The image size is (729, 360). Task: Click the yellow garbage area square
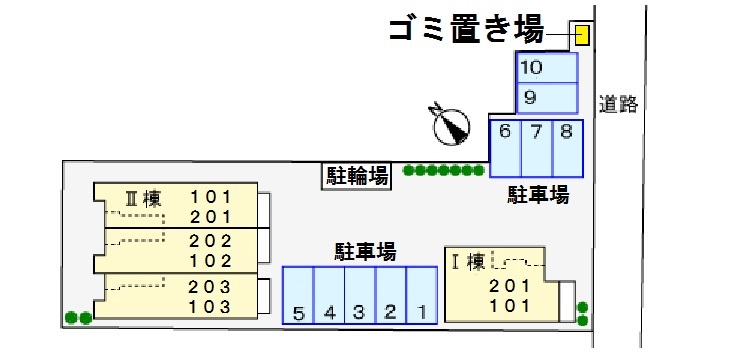[x=581, y=36]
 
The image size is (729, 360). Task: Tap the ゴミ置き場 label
[x=465, y=31]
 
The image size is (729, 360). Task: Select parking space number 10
[x=546, y=68]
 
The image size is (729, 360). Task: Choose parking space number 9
[x=546, y=98]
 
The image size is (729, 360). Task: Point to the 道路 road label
[x=618, y=103]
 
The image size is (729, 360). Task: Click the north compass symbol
[x=449, y=123]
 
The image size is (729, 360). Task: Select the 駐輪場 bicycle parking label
[x=357, y=177]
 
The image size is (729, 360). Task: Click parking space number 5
[x=298, y=295]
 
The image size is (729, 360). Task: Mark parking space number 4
[x=329, y=295]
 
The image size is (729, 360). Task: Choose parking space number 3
[x=359, y=295]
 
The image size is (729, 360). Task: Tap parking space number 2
[x=390, y=295]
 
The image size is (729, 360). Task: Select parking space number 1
[x=421, y=295]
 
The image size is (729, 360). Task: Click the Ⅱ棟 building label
[x=142, y=197]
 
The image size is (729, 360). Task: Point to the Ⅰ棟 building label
[x=468, y=263]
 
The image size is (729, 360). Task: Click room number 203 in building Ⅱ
[x=210, y=286]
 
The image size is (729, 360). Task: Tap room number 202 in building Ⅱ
[x=210, y=241]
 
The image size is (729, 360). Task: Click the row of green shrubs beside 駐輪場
[x=444, y=171]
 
